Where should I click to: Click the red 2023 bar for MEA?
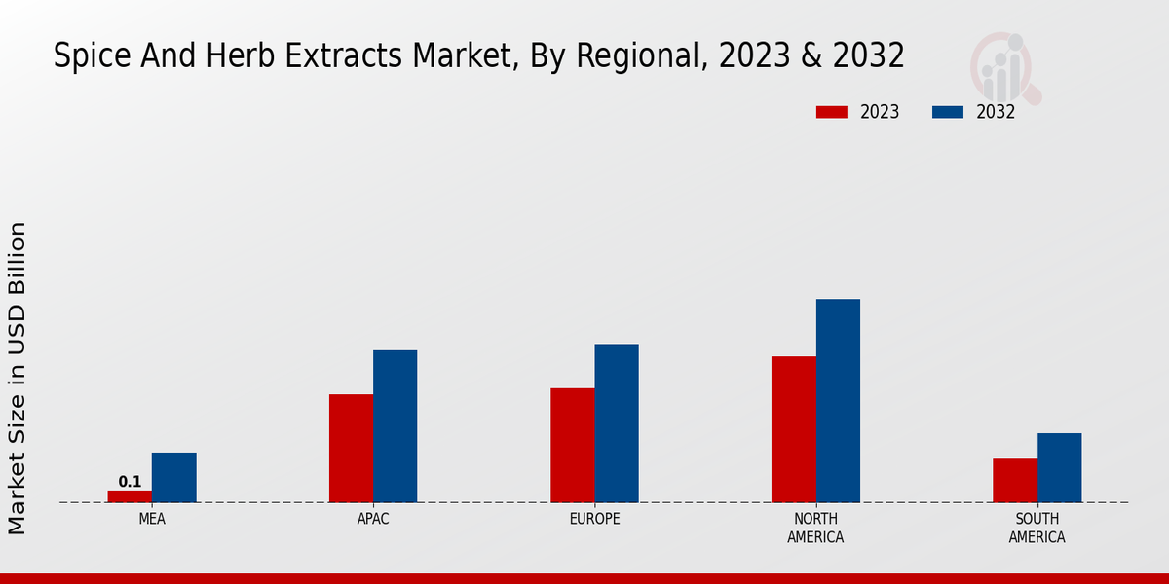click(130, 496)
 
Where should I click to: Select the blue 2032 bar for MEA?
click(173, 478)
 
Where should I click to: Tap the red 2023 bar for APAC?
click(351, 449)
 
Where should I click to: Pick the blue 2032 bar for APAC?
click(395, 426)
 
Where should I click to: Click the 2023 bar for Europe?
click(572, 446)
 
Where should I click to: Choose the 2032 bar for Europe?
click(617, 423)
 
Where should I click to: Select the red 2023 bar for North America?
click(793, 429)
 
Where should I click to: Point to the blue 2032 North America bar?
click(838, 401)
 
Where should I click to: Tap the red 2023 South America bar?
click(1014, 481)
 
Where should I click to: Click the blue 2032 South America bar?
click(1059, 468)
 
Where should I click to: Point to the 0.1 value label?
click(130, 482)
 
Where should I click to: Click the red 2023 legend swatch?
click(832, 112)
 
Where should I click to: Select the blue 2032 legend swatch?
click(948, 112)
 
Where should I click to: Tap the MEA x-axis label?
click(152, 520)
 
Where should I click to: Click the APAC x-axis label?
click(373, 520)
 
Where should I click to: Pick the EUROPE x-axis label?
click(594, 520)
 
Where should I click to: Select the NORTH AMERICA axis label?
click(815, 529)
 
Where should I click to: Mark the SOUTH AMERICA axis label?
click(1037, 529)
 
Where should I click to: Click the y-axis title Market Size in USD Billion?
click(18, 378)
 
